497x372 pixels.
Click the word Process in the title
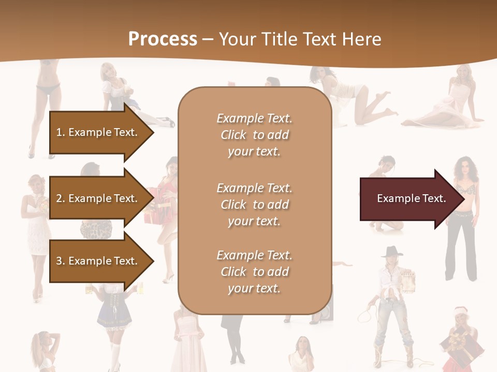pyautogui.click(x=163, y=39)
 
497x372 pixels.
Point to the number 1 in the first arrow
pyautogui.click(x=59, y=132)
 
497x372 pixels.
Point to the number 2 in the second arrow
pyautogui.click(x=60, y=198)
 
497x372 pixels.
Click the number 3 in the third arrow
pyautogui.click(x=60, y=261)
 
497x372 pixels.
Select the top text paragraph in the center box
pyautogui.click(x=254, y=135)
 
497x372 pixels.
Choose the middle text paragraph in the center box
pyautogui.click(x=254, y=205)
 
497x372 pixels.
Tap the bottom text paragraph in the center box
pyautogui.click(x=254, y=272)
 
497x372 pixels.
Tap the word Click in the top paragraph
pyautogui.click(x=233, y=135)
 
